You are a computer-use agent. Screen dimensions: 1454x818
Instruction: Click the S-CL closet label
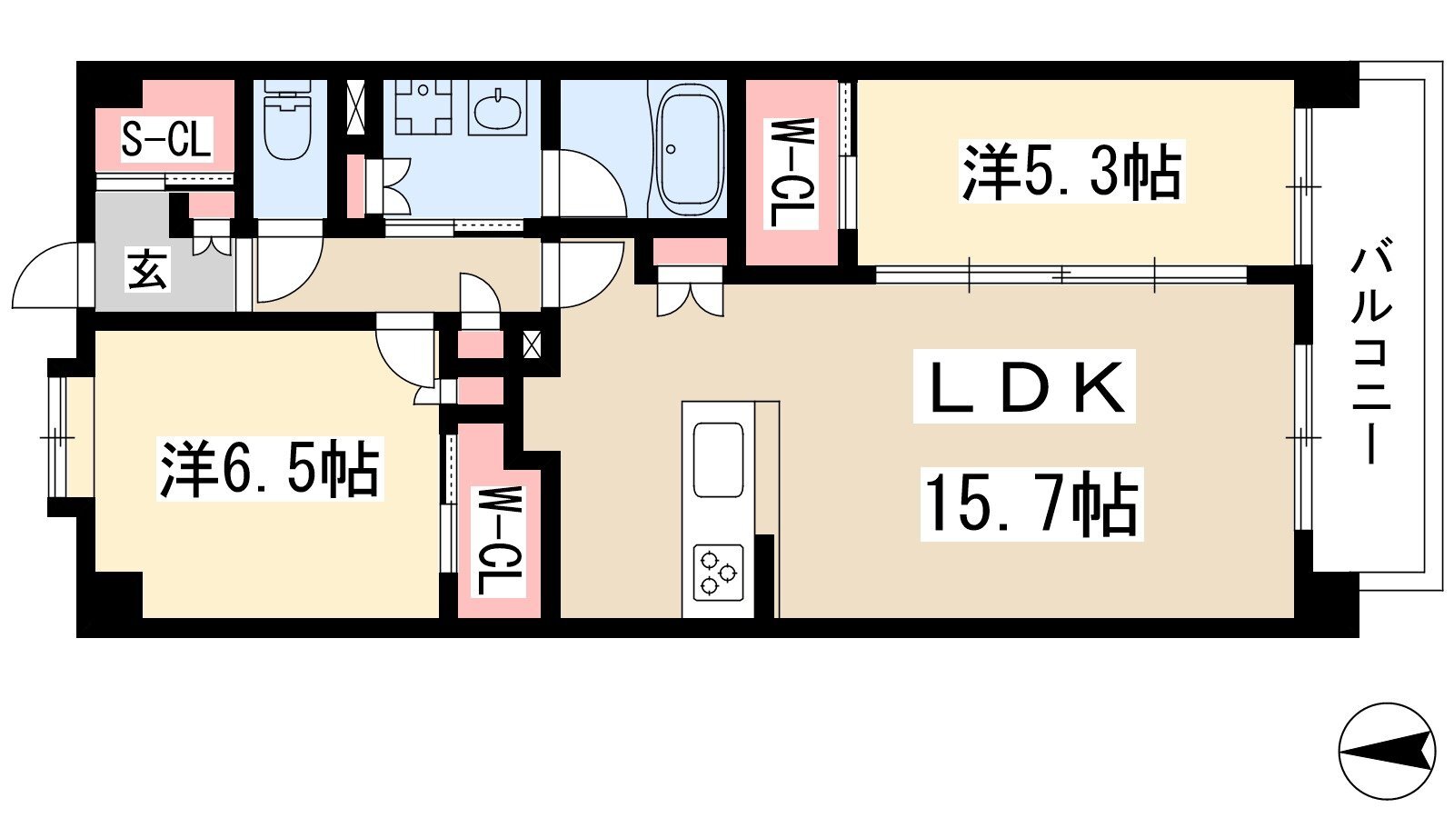click(167, 140)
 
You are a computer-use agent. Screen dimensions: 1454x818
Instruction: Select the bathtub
click(690, 149)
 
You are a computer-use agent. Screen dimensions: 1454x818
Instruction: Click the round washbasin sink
click(497, 108)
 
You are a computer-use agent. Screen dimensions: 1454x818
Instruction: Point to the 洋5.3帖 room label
click(1071, 172)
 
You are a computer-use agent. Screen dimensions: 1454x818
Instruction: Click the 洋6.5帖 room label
click(269, 469)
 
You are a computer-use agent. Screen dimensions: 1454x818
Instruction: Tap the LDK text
click(1025, 387)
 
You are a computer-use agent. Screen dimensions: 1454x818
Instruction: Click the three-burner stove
click(718, 573)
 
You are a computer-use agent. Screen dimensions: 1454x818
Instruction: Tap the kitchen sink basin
click(718, 460)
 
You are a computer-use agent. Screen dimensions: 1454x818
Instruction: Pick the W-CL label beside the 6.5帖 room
click(499, 542)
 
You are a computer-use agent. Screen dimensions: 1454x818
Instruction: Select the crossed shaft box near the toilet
click(356, 107)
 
